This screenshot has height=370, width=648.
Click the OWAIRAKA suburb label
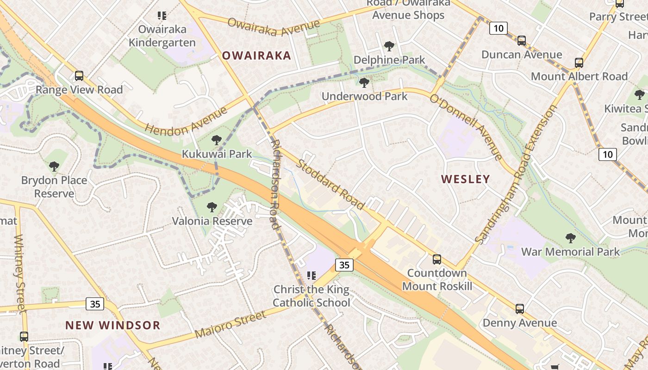256,56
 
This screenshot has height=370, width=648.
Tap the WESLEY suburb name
465,179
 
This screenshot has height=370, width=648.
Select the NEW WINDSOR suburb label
112,325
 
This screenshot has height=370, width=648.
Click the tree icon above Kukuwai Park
216,140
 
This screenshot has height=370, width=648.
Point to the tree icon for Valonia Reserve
212,207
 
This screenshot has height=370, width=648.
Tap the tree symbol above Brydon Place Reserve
54,166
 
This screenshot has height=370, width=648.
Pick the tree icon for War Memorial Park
570,238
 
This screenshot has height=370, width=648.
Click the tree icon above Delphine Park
389,46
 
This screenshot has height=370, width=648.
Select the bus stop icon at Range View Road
79,75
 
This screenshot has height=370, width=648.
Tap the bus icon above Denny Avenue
519,308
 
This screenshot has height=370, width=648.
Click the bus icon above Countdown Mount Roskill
436,259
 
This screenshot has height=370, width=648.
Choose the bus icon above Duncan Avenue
522,40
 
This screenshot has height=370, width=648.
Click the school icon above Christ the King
311,276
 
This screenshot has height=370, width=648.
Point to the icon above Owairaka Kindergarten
162,16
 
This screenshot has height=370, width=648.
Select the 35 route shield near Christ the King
344,265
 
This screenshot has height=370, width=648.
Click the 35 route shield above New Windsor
95,304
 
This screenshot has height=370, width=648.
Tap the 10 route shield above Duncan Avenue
498,28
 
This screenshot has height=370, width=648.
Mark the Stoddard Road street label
330,184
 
